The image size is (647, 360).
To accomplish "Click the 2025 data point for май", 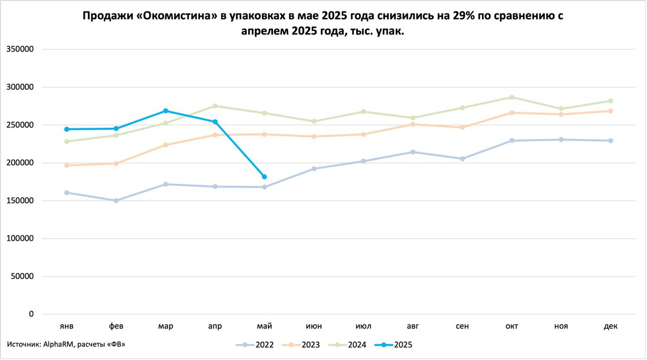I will pos(264,176).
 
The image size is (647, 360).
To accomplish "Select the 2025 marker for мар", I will pos(166,111).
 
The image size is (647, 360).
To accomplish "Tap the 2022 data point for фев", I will pos(116,201).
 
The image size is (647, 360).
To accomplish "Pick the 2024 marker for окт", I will pos(512,97).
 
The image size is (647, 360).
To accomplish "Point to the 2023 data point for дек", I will pos(611,111).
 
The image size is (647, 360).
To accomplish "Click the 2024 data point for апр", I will pos(215,106).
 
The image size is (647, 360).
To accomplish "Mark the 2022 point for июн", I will pos(314,168).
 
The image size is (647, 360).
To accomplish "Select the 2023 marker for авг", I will pos(413,124).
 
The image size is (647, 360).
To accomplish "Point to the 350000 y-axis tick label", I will pos(20,49).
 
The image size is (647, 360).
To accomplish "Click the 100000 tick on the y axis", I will pos(20,238).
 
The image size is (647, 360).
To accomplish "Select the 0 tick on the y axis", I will pos(31,314).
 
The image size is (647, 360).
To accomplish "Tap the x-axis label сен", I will pos(462,326).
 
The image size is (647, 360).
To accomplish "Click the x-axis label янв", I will pos(67,326).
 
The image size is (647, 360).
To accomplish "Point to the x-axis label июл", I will pos(363,326).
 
